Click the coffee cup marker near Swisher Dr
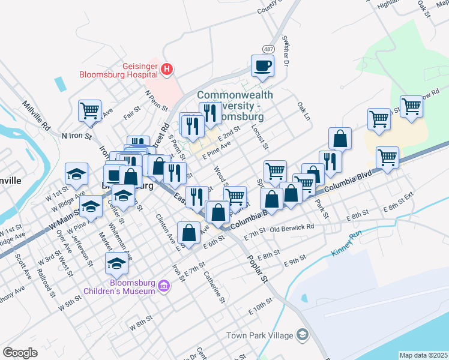262,65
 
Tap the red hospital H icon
167,70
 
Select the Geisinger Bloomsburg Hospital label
119,70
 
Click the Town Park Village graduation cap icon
304,335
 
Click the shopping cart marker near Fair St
89,111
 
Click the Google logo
20,353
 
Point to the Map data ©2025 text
423,355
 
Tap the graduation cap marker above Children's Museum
116,263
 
